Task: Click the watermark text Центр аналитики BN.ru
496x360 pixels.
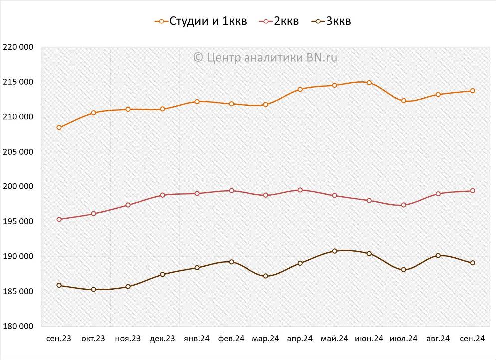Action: [x=265, y=57]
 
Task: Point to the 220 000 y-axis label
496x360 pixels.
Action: [x=18, y=47]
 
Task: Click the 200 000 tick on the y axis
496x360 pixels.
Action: [x=18, y=187]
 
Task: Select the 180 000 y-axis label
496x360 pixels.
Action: [x=18, y=326]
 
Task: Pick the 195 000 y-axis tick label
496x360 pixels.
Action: [x=18, y=222]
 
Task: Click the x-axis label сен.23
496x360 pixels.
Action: [x=59, y=339]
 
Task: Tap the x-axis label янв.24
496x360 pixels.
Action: [x=197, y=339]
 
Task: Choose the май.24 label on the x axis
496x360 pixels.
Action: [x=334, y=339]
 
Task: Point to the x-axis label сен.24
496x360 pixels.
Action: [x=472, y=339]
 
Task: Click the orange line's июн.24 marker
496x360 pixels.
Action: [x=369, y=83]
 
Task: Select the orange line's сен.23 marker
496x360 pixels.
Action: [x=59, y=128]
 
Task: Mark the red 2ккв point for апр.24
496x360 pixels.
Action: [x=300, y=190]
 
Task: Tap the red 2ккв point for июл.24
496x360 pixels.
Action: [x=404, y=205]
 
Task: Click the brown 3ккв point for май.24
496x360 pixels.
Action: [x=335, y=251]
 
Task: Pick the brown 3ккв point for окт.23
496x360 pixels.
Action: [x=94, y=290]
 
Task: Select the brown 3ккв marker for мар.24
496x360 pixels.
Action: [x=266, y=276]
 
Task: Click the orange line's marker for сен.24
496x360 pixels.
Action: [x=472, y=91]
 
